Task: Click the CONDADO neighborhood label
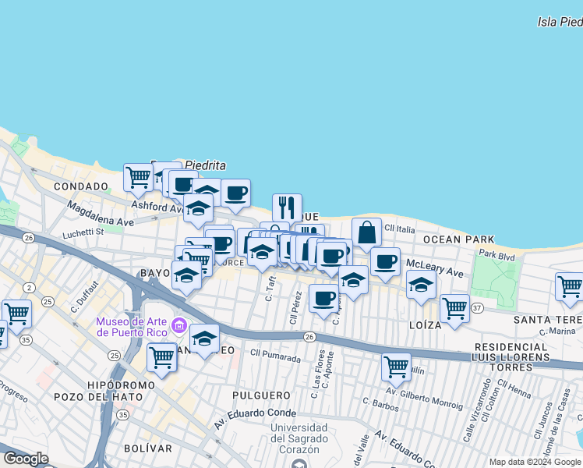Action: tap(81, 187)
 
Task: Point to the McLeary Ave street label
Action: tap(435, 274)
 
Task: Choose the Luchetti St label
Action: tap(83, 232)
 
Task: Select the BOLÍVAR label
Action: tap(147, 448)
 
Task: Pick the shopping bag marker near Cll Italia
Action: tap(366, 232)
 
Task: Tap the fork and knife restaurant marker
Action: tap(287, 207)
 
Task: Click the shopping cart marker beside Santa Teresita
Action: tap(569, 285)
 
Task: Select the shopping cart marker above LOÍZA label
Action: tap(454, 307)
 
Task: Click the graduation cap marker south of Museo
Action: tap(204, 338)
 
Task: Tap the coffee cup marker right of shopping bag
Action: tap(384, 261)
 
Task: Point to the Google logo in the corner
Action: tap(26, 459)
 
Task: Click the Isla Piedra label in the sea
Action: tap(560, 22)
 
